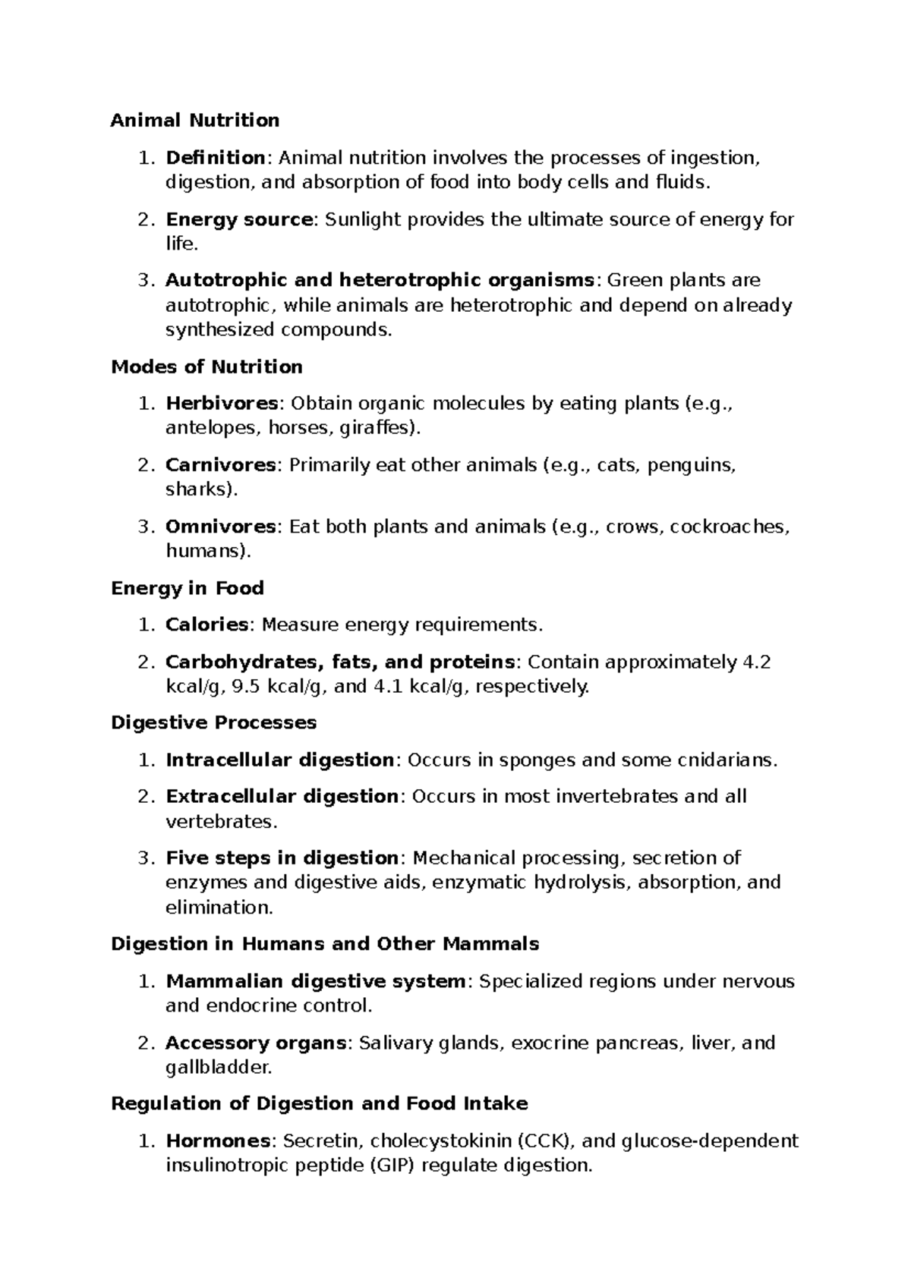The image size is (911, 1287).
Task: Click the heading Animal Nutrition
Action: coord(195,121)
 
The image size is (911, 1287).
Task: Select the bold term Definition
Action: coord(215,158)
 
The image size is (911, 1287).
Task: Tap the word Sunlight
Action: coord(361,220)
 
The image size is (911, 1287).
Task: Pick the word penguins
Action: coord(692,465)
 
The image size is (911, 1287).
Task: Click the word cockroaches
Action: coord(728,527)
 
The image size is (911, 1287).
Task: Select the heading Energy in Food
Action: coord(188,588)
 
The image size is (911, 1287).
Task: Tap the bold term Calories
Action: coord(206,625)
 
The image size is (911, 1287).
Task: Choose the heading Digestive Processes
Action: coord(213,722)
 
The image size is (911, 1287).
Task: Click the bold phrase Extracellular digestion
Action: coord(282,797)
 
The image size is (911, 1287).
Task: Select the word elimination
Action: coord(218,908)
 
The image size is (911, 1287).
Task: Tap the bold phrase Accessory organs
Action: coord(256,1043)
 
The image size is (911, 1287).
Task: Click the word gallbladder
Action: coord(217,1068)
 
